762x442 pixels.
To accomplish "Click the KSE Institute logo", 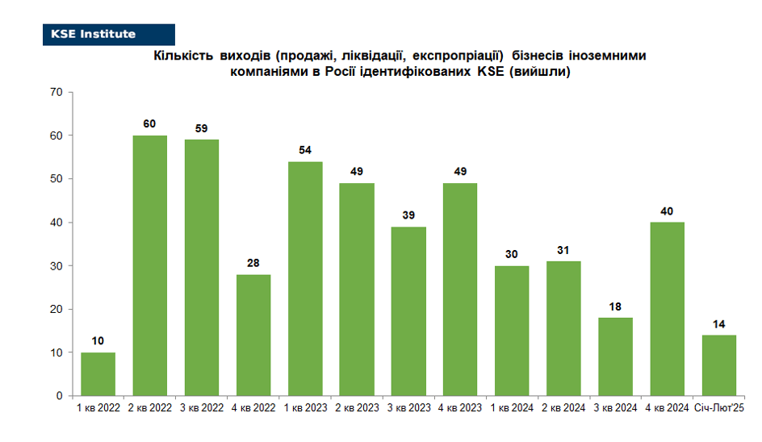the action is [109, 35].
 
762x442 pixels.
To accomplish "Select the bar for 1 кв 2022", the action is [98, 374].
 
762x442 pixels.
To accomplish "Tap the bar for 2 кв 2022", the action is [149, 265].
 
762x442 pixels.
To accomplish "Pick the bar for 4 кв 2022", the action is [253, 336].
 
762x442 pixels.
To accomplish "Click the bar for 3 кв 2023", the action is [408, 311].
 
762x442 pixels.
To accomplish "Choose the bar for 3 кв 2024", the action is [615, 357].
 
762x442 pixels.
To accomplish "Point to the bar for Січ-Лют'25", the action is [718, 365].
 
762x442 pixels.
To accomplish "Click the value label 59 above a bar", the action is [201, 128].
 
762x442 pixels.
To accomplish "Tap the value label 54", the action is [304, 150].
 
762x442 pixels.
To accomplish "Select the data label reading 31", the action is [563, 250].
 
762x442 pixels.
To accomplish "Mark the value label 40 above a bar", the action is [667, 211].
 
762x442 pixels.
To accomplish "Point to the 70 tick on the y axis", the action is [57, 92].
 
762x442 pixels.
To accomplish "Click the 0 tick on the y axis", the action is [59, 396].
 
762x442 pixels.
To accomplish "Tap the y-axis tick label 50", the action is [57, 179].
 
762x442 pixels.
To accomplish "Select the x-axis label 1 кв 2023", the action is [306, 408].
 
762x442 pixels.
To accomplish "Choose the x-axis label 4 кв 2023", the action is [460, 408].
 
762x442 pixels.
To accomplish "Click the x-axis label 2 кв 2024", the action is [563, 408].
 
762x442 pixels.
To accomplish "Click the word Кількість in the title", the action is [183, 56].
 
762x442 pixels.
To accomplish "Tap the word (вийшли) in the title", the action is [540, 72].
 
